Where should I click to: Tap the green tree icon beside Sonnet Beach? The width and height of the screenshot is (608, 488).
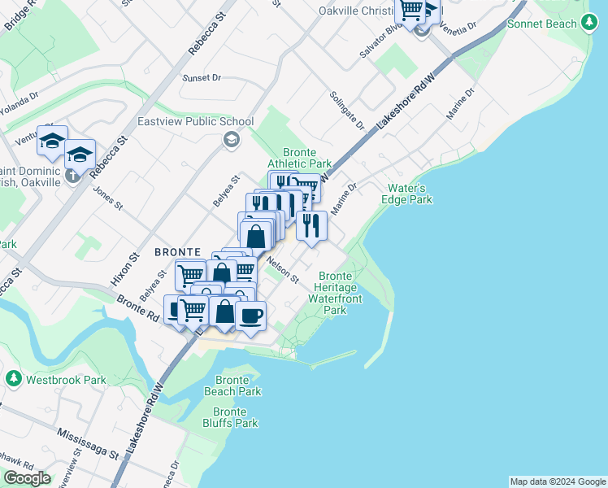coord(590,24)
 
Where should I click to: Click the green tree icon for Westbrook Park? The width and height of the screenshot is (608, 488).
coord(14,379)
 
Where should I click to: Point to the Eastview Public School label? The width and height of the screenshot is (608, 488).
coord(196,122)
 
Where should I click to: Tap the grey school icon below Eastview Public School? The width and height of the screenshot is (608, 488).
coord(232,141)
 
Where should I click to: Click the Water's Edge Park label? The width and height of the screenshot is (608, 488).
coord(408,194)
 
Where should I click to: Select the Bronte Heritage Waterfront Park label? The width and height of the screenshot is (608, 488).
coord(335,293)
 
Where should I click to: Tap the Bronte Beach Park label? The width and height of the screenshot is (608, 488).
coord(238,386)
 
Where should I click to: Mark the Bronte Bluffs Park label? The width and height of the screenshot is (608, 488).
coord(230,417)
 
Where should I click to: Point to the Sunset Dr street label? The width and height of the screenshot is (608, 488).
coord(202,78)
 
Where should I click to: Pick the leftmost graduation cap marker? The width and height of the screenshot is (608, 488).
coord(52,141)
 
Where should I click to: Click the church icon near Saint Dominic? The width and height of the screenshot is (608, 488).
coord(72,175)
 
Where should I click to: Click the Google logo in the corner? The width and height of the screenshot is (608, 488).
coord(27,478)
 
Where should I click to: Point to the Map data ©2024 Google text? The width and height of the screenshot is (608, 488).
coord(558,481)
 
